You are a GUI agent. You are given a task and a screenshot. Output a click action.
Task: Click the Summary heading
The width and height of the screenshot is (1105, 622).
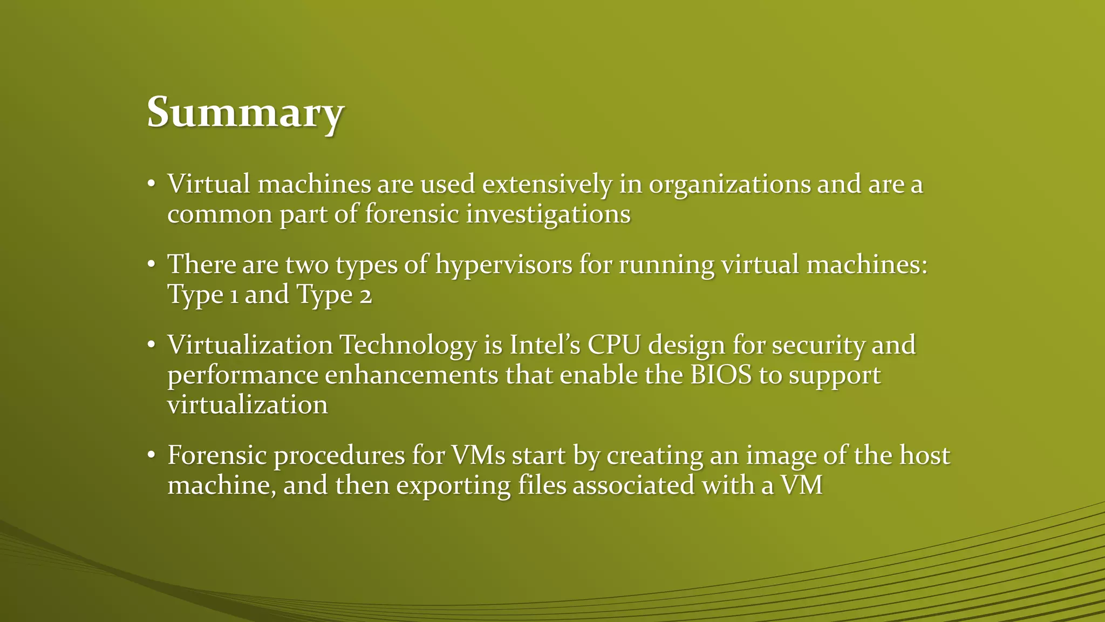(x=245, y=113)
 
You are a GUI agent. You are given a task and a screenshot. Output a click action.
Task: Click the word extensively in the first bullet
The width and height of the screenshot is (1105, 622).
(x=547, y=184)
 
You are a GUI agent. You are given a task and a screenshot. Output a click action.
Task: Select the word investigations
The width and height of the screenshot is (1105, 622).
(x=548, y=214)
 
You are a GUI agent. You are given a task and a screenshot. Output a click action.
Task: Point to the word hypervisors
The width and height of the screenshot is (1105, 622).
(x=503, y=265)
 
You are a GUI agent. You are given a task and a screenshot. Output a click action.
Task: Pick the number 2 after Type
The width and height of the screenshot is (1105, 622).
(x=366, y=295)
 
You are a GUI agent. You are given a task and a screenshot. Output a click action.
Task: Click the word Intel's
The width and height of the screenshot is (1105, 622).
(x=544, y=345)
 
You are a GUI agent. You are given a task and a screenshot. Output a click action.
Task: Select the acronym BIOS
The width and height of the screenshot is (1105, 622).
(x=721, y=375)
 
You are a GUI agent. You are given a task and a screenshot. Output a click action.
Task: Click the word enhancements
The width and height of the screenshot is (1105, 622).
(x=411, y=375)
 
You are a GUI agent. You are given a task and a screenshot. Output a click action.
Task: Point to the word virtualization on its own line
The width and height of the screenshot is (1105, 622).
(x=248, y=405)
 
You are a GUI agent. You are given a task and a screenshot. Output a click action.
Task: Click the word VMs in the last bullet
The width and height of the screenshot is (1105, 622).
(x=478, y=455)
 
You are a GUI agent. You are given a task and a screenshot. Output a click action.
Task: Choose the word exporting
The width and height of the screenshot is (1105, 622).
(x=453, y=485)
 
